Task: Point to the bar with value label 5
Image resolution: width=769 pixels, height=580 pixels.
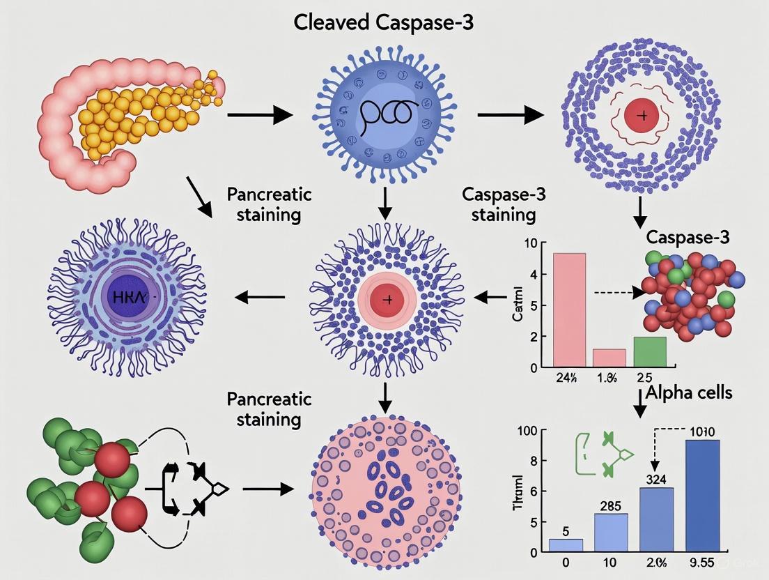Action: click(566, 544)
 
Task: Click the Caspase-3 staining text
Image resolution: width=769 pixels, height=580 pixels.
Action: click(504, 204)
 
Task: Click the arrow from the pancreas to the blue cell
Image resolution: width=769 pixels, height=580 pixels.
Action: click(259, 115)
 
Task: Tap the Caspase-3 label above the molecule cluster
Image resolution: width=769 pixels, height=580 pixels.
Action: click(688, 236)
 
